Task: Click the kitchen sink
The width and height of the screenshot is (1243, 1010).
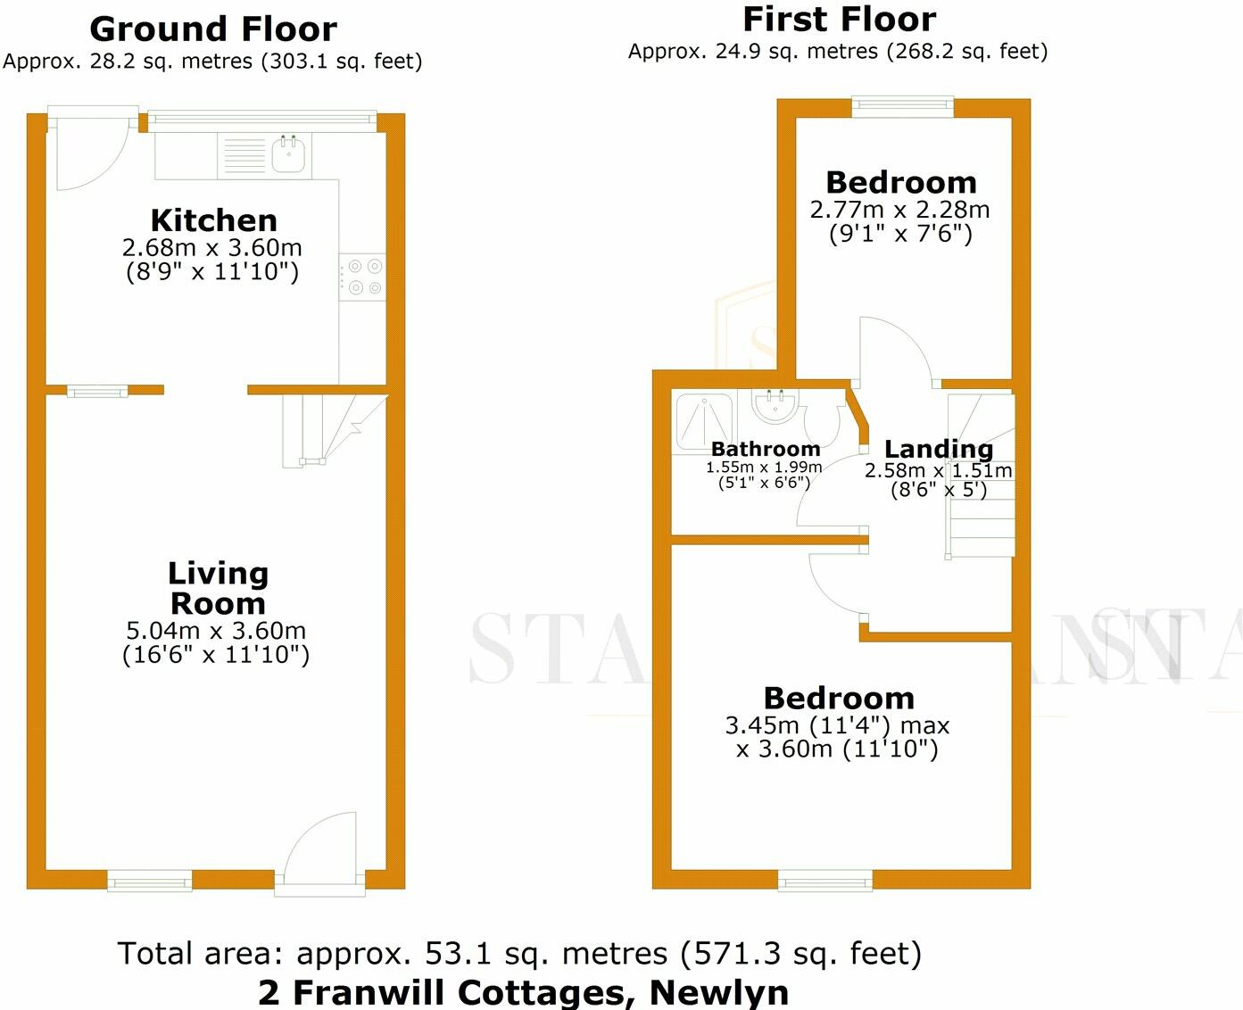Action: coord(289,155)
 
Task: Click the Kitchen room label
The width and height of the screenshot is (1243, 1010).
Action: coord(213,220)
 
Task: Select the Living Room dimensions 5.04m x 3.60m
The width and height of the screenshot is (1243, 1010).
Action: coord(216,631)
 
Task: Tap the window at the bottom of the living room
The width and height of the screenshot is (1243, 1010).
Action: coord(149,881)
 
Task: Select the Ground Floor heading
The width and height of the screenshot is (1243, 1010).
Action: coord(213,29)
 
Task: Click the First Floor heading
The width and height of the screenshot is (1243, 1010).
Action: coord(839,19)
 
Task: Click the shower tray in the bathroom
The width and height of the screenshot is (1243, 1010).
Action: coord(704,418)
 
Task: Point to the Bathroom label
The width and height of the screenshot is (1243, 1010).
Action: coord(765,449)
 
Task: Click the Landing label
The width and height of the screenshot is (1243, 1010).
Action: coord(938,449)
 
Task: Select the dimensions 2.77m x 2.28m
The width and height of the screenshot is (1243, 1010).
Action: coord(899,210)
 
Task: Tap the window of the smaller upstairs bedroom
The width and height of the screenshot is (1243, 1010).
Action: coord(902,105)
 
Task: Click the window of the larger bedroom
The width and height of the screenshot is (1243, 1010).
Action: coord(825,881)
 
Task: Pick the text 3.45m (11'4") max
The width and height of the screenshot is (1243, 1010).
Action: coord(837,725)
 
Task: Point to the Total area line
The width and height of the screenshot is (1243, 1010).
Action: coord(519,954)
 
